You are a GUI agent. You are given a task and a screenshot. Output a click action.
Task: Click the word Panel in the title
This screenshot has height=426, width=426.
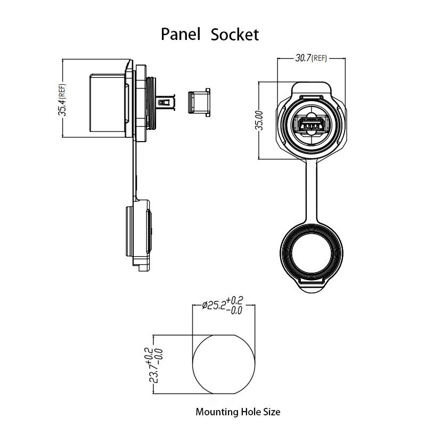tap(181, 34)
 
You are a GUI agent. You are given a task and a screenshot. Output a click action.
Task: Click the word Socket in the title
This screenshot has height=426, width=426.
tap(235, 35)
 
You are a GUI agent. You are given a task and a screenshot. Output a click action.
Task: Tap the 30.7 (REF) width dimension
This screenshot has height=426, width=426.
tap(311, 58)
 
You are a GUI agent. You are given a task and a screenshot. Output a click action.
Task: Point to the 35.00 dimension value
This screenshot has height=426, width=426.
tap(260, 120)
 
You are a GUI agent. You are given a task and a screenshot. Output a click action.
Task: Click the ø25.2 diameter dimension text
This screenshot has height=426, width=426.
tap(214, 305)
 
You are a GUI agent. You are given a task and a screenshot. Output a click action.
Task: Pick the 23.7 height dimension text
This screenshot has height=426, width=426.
tap(154, 373)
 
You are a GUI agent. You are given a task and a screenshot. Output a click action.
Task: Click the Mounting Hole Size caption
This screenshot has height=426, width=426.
tap(238, 412)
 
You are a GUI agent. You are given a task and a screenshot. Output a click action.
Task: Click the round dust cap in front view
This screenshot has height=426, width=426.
tap(312, 253)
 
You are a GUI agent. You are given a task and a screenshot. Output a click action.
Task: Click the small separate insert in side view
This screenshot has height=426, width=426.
tap(199, 103)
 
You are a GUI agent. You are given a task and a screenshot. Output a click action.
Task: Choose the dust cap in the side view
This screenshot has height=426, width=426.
tap(138, 235)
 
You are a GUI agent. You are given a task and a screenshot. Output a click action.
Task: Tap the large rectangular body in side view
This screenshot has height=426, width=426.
tap(108, 103)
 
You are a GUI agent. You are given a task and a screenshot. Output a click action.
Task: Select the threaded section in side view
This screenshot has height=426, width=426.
tap(152, 103)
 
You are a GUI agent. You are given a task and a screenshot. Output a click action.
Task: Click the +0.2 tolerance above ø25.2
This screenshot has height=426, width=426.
tap(234, 300)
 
